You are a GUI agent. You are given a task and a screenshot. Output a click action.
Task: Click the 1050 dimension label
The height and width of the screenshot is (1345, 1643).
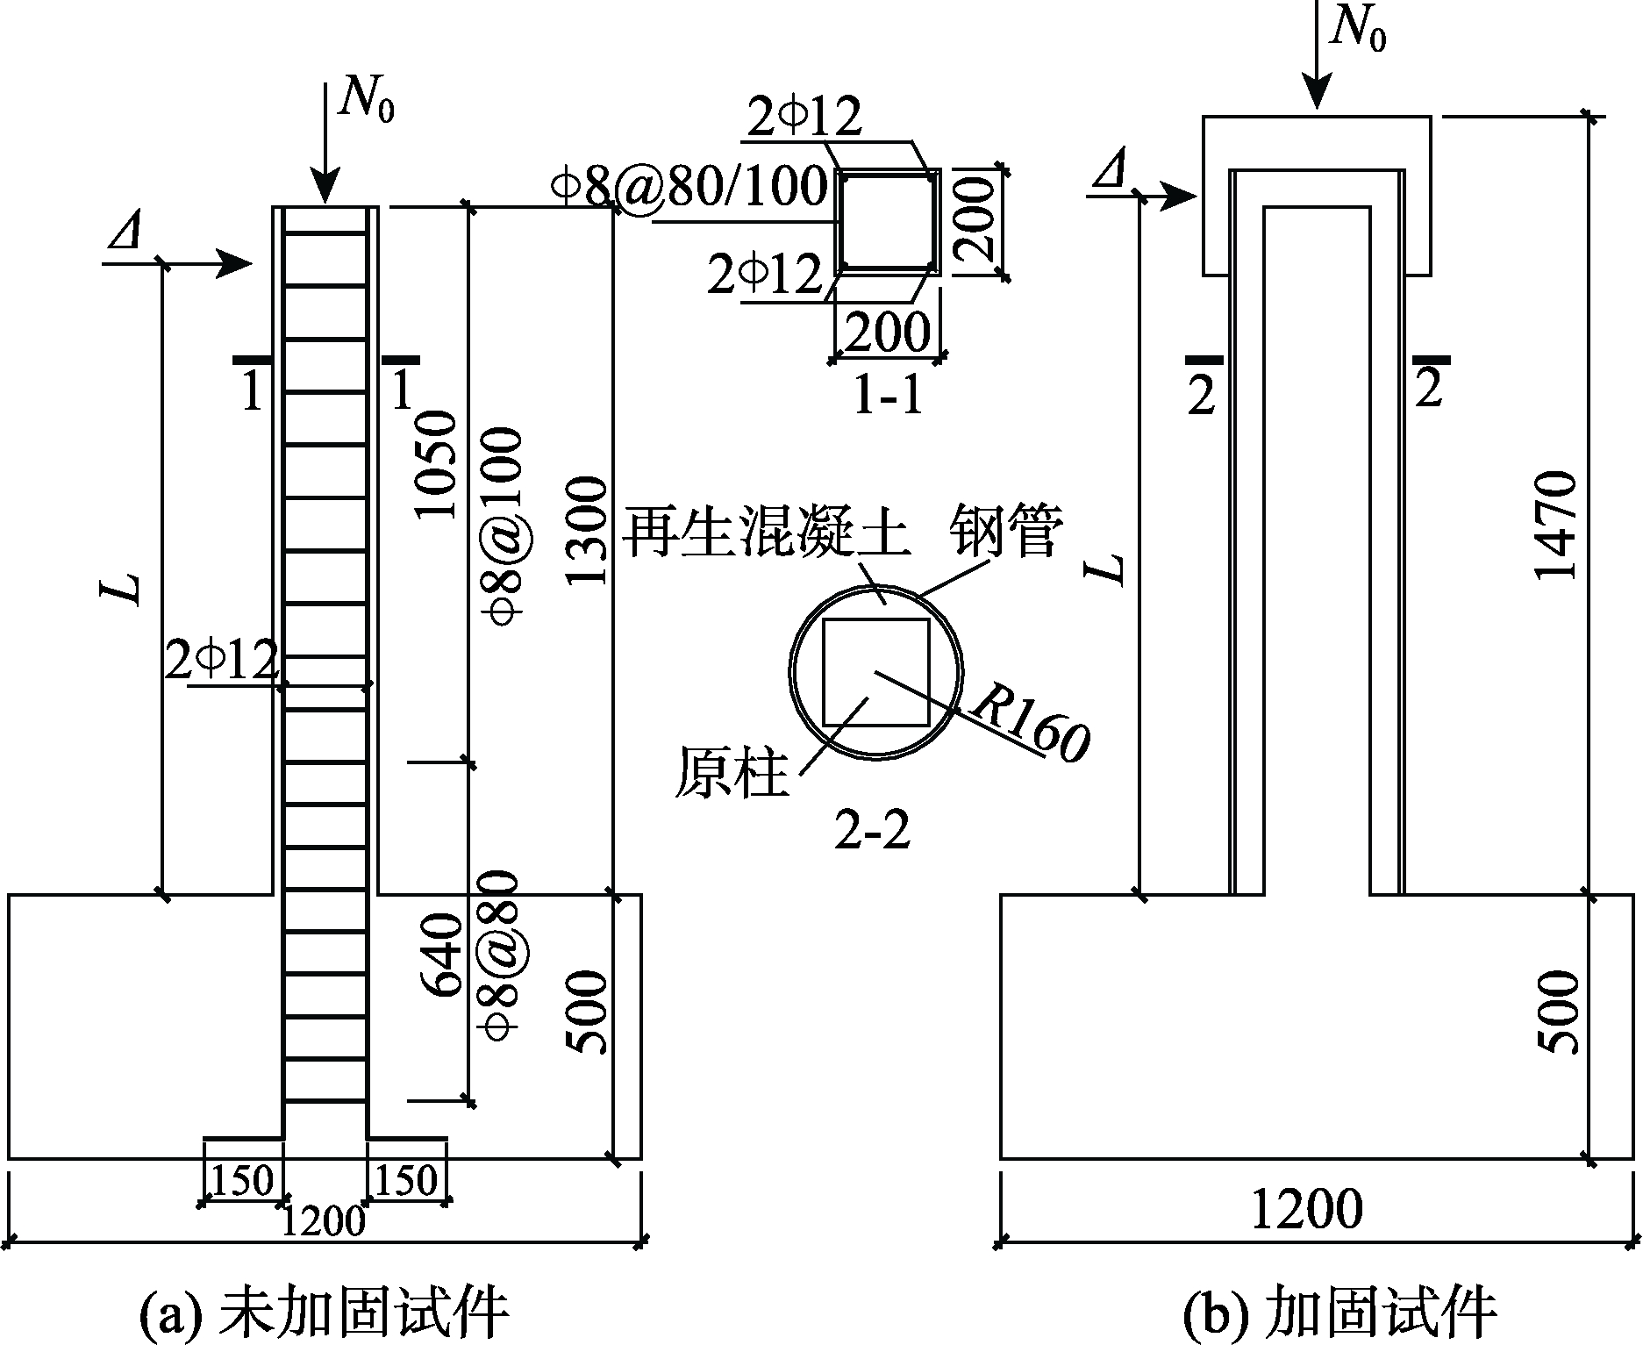(x=438, y=465)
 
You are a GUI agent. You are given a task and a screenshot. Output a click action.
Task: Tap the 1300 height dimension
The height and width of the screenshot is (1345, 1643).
(x=585, y=530)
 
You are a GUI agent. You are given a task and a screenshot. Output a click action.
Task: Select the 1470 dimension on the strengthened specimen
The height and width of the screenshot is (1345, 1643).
(x=1556, y=526)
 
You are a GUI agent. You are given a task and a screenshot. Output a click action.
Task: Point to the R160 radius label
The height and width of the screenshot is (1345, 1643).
(x=1030, y=725)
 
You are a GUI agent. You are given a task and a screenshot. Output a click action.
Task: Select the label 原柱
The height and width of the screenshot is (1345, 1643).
(x=731, y=773)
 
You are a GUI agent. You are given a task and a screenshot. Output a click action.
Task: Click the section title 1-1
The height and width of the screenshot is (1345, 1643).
(x=888, y=397)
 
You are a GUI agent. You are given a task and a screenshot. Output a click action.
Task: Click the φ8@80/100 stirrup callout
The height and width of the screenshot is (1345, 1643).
(x=689, y=187)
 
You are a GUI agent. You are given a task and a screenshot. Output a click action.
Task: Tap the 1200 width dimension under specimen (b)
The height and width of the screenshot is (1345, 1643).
(x=1306, y=1210)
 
